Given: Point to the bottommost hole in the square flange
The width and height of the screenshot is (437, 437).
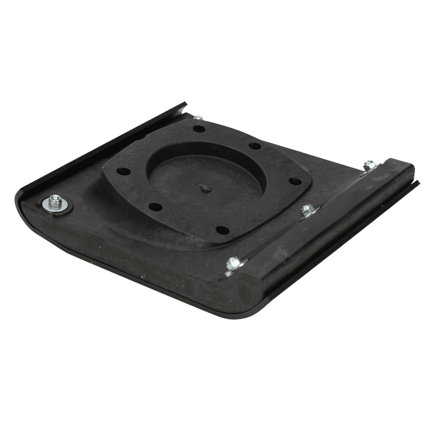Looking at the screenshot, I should [223, 229].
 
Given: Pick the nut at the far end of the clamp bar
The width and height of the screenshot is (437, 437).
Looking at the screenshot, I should [368, 164].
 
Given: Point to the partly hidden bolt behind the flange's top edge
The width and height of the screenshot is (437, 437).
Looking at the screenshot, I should [197, 118].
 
